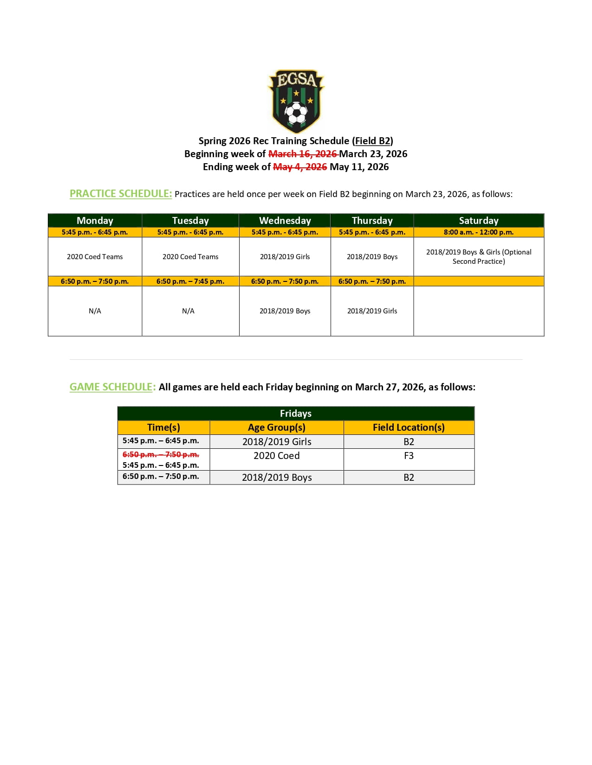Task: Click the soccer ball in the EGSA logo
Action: coord(296,113)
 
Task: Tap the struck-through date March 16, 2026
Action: coord(303,154)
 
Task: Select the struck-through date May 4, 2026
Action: coord(300,167)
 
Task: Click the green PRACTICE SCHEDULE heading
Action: coord(121,194)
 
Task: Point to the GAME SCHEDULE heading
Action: coord(112,387)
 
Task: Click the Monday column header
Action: coord(95,221)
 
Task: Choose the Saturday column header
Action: coord(478,221)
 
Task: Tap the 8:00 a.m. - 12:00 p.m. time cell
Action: coord(478,232)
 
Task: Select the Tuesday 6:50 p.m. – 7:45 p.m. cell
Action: coord(190,281)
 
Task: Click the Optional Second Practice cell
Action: coord(478,257)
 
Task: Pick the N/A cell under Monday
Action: coord(95,311)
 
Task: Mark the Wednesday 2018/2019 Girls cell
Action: coord(285,257)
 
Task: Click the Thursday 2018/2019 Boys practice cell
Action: coord(372,257)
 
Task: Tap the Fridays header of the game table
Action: coord(296,414)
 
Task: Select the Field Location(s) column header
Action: coord(409,427)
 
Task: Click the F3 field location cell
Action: coord(409,456)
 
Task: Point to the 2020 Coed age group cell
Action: coord(277,456)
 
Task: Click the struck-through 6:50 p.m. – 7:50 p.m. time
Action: coord(161,455)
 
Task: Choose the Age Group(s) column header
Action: coord(277,427)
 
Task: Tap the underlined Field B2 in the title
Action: coord(373,141)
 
